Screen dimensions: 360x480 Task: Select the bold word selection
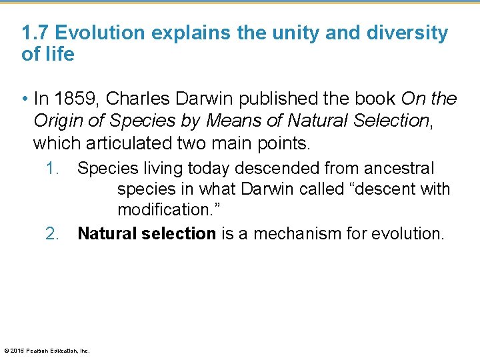coord(179,233)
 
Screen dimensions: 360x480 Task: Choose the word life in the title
coord(60,54)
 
